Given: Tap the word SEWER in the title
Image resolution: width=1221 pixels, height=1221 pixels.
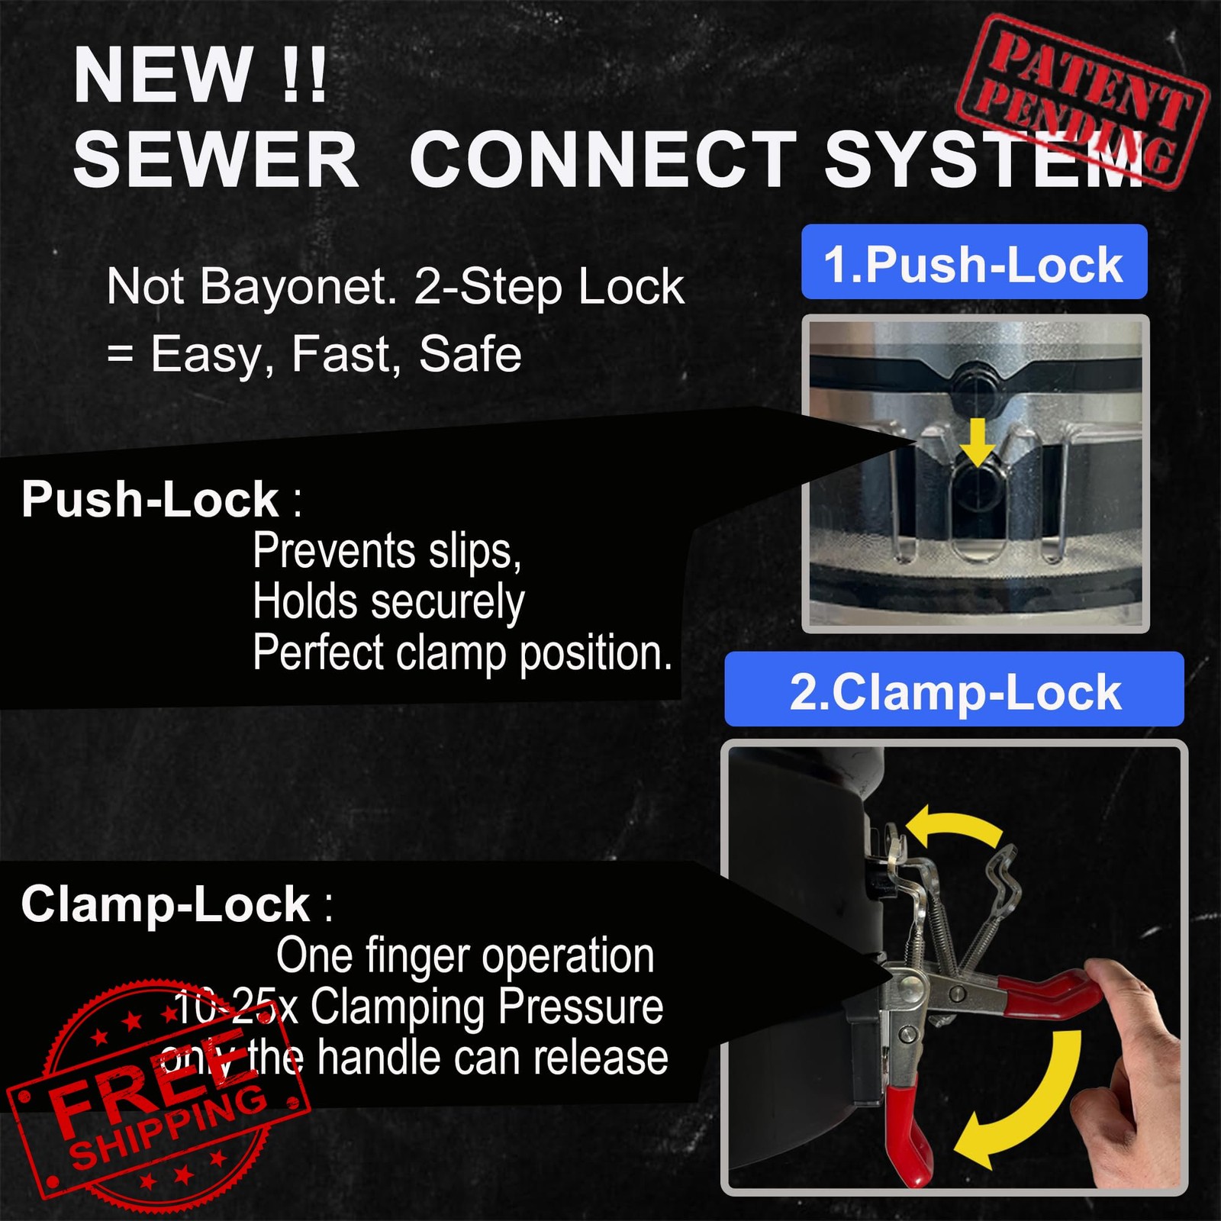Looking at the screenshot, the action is [x=216, y=160].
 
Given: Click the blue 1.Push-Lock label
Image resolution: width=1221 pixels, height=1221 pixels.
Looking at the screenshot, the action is [x=975, y=262].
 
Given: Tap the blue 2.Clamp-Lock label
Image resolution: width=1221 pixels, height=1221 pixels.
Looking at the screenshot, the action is [x=955, y=689].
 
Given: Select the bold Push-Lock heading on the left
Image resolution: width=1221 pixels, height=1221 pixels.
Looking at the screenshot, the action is [x=150, y=500].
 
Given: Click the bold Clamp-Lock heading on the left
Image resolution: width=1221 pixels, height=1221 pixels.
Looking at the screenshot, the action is [x=166, y=904].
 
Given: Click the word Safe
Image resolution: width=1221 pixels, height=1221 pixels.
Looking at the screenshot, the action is [x=470, y=354].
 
